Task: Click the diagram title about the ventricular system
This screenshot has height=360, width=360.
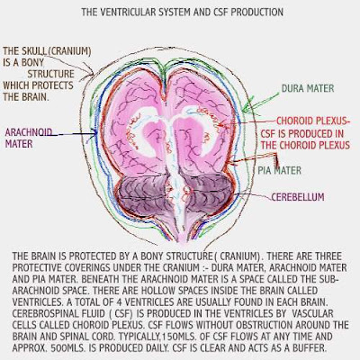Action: click(183, 13)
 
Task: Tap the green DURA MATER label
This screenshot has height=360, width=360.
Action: click(308, 88)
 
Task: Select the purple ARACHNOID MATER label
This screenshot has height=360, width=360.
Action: click(29, 138)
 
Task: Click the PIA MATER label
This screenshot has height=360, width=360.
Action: click(280, 171)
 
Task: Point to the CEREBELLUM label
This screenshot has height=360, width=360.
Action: click(298, 197)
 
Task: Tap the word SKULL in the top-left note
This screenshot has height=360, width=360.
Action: click(34, 51)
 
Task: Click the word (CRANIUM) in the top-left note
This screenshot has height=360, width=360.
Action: click(69, 51)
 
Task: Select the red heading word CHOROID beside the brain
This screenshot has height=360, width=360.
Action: click(294, 121)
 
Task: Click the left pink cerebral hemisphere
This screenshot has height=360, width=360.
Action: click(135, 126)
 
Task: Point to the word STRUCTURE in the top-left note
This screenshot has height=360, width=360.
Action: click(51, 74)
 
